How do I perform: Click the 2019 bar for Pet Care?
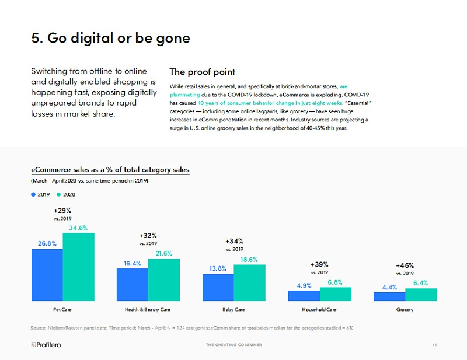47,275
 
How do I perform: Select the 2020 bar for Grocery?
420,295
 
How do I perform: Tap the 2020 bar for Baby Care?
249,283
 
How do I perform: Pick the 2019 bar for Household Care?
304,296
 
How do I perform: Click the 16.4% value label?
133,263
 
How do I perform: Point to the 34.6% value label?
78,228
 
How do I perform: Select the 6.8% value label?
335,282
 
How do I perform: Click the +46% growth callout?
405,265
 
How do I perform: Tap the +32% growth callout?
148,235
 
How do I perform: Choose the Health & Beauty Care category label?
148,309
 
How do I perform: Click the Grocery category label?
405,309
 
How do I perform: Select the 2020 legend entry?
67,194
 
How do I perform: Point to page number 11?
434,345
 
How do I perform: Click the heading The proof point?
202,72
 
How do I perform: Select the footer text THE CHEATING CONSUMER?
233,345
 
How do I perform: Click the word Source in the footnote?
39,328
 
